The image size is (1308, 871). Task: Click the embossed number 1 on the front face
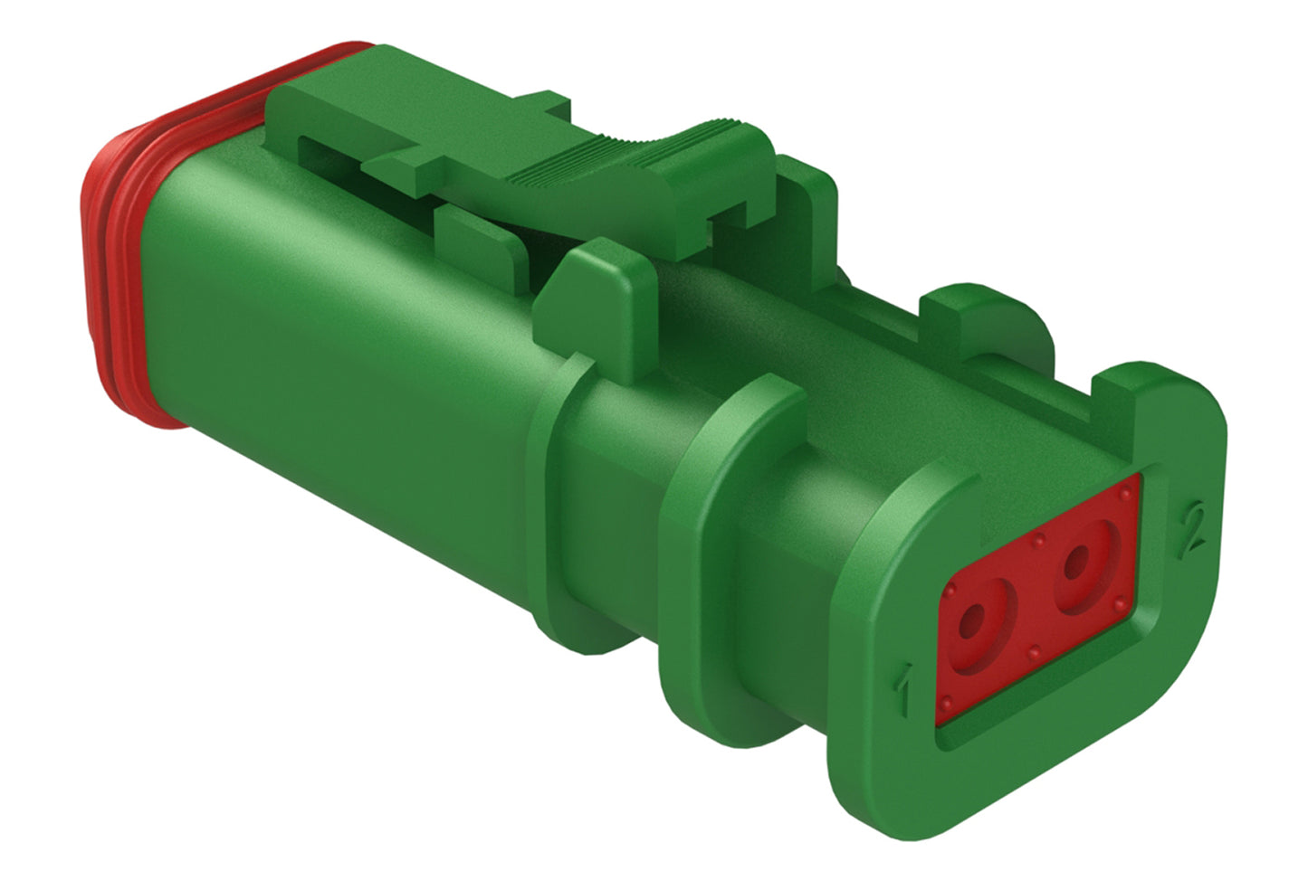902,689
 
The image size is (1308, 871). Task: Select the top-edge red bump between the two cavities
1039,542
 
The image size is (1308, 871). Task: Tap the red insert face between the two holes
1025,597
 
